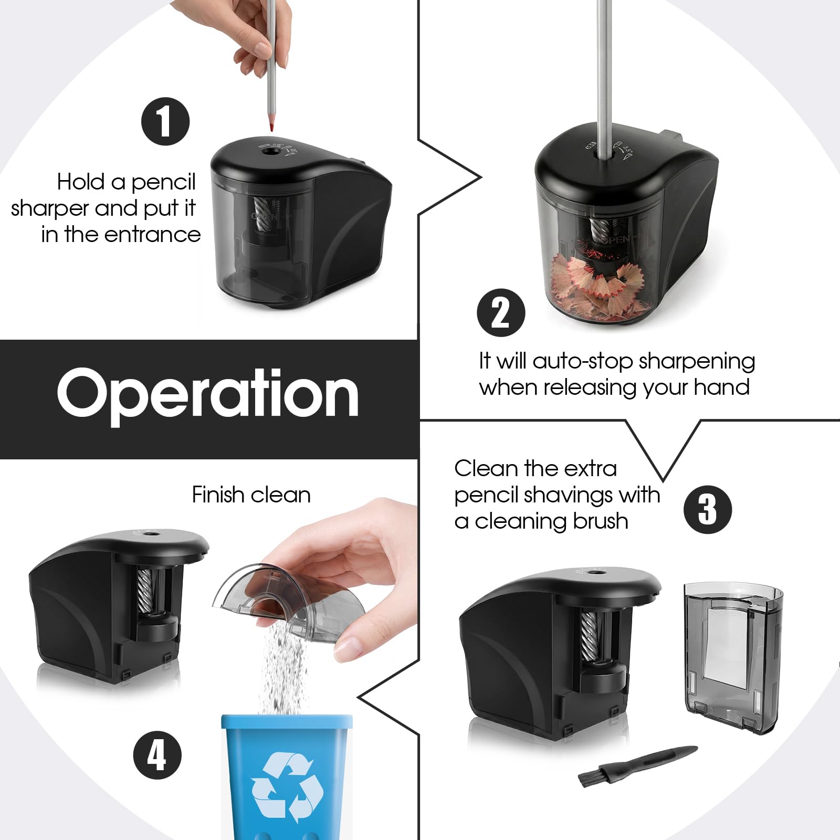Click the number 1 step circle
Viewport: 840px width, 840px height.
(x=165, y=121)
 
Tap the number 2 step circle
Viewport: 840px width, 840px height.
(x=501, y=313)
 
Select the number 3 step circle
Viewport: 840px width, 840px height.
(x=708, y=509)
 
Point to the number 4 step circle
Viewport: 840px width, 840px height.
(x=157, y=755)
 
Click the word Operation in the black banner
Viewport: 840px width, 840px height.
(x=208, y=395)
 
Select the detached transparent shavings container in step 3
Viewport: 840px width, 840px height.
(x=733, y=658)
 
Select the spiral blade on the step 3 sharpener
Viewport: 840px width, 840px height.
(x=589, y=636)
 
